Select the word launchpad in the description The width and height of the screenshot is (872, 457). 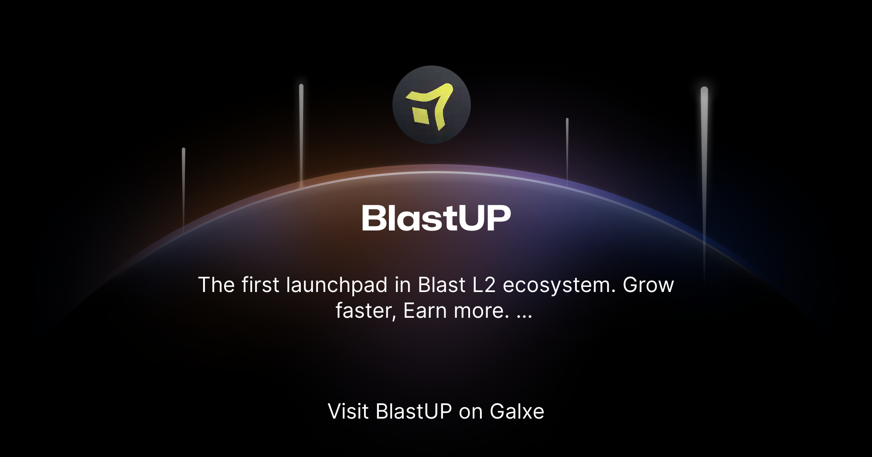coord(337,285)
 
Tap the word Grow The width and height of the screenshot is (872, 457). coord(648,285)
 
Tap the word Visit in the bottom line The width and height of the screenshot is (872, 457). coord(348,411)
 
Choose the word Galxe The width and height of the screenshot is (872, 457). coord(517,411)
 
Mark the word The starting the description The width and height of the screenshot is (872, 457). coord(216,285)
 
